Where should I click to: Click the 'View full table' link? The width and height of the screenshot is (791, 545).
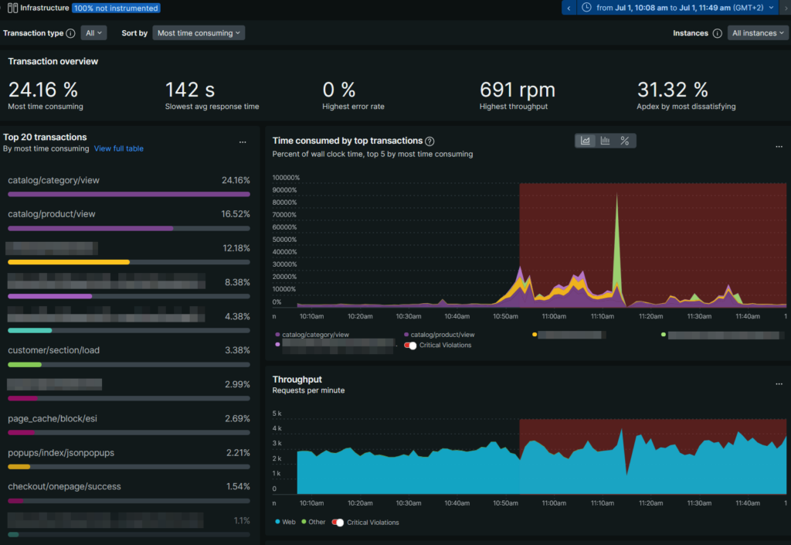118,148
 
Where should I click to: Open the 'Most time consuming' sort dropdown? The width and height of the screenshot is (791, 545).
198,33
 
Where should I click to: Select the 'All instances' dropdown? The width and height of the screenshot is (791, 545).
757,33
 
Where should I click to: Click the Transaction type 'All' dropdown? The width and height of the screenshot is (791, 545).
93,33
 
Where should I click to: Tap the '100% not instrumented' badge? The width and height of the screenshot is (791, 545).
117,9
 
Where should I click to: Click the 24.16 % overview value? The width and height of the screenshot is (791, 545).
42,90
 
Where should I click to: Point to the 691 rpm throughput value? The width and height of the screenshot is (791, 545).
517,90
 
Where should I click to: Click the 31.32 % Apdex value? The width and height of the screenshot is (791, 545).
672,90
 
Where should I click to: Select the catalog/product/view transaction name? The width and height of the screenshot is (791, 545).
52,214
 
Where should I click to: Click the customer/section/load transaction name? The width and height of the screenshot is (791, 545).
53,350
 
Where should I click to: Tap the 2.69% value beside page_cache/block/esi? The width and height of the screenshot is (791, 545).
237,418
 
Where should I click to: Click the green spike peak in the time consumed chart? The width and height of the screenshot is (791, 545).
616,196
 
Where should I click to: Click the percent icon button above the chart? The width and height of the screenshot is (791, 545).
625,141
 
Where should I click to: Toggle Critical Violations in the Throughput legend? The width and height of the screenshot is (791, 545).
338,523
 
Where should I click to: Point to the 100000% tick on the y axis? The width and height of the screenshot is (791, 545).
286,178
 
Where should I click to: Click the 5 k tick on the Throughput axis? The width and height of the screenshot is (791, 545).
277,413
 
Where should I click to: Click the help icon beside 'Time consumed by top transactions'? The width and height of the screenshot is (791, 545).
429,141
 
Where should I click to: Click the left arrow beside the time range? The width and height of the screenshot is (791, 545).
569,8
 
